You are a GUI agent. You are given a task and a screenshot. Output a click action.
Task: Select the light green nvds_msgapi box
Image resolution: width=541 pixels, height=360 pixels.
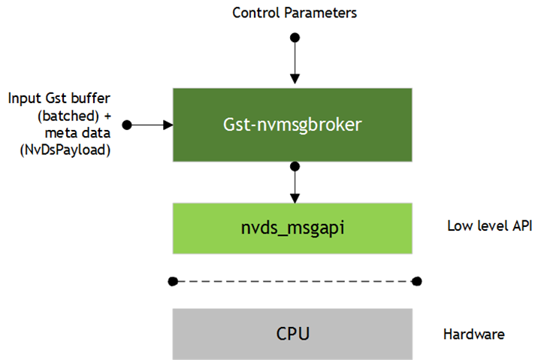click(x=292, y=228)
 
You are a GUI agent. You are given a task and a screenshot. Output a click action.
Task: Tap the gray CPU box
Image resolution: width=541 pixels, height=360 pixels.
click(x=292, y=333)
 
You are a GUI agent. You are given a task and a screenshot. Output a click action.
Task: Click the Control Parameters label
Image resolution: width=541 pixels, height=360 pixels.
click(x=295, y=13)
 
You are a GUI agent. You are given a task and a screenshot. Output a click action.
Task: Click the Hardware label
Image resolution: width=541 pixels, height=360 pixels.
click(x=473, y=334)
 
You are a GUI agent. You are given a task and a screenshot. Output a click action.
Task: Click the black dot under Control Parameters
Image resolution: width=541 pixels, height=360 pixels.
click(x=295, y=36)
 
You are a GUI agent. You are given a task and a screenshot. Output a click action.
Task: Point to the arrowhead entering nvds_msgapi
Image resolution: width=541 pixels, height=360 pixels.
click(x=295, y=197)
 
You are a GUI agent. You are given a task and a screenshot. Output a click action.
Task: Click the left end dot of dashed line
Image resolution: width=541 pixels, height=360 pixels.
click(x=173, y=281)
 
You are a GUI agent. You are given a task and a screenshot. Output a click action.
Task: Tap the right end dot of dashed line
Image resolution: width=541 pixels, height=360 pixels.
click(x=417, y=281)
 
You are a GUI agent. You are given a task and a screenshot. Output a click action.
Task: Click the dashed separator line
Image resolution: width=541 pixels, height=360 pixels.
click(x=295, y=281)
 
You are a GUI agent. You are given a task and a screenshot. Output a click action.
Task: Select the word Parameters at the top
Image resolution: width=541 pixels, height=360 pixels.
click(x=325, y=13)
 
